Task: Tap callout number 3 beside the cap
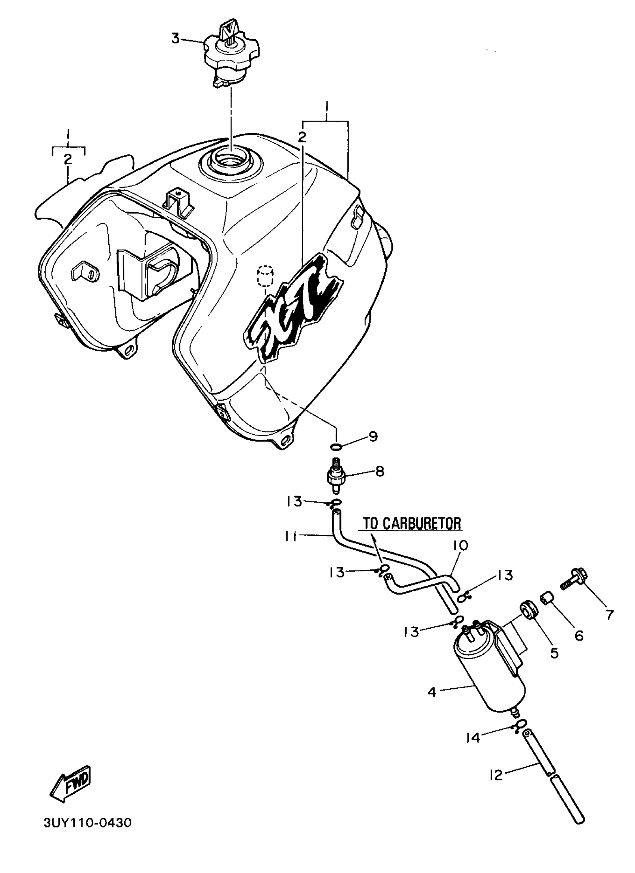pos(175,38)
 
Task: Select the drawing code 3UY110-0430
pos(87,823)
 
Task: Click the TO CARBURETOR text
pos(412,523)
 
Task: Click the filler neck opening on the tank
pos(230,162)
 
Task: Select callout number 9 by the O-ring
pos(373,436)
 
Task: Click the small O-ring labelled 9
pos(336,447)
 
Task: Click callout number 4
pos(431,692)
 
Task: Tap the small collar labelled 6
pos(549,600)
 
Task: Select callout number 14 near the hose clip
pos(473,738)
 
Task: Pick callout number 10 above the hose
pos(461,545)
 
